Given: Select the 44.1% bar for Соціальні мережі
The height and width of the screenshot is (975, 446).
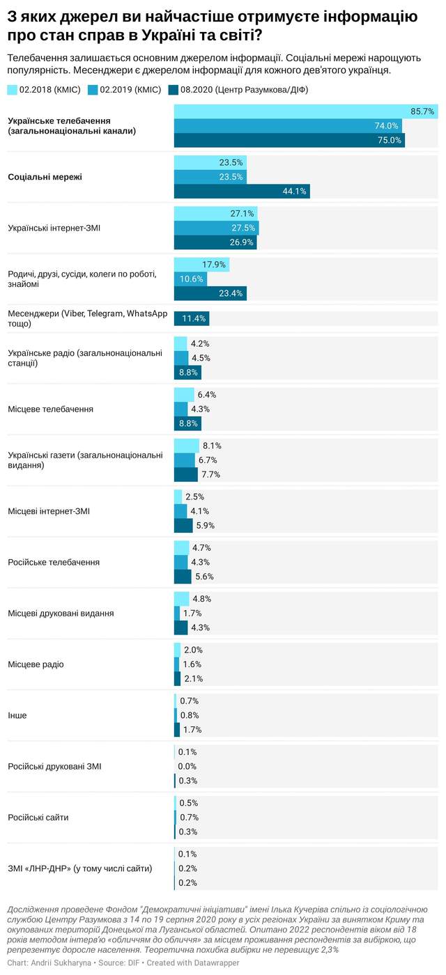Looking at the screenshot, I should (x=241, y=192).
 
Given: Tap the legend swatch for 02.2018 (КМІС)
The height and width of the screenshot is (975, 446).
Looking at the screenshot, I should (x=12, y=90).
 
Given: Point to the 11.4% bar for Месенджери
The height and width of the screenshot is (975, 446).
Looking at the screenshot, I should (x=191, y=318).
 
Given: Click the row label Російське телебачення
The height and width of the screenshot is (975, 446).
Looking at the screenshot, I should (x=54, y=562).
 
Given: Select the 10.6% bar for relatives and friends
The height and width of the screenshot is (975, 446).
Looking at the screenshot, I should (x=190, y=279).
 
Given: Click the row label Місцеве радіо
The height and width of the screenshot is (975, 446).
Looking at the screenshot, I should (x=36, y=664).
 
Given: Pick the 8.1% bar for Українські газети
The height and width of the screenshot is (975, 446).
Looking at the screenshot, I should (x=186, y=446).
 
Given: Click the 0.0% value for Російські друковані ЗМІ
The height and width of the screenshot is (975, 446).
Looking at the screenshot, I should (x=187, y=766).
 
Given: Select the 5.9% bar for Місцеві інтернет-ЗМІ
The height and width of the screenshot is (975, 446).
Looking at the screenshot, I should (x=183, y=526).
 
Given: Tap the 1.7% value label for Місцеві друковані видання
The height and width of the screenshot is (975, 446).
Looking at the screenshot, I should (x=193, y=613).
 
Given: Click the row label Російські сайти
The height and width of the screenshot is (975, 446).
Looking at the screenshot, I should (x=38, y=817).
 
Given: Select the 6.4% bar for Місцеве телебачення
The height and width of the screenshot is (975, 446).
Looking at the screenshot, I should (x=183, y=395).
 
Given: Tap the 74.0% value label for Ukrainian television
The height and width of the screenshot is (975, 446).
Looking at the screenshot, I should (x=386, y=126).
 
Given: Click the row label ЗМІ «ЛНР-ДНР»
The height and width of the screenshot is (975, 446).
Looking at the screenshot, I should (x=80, y=868).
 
